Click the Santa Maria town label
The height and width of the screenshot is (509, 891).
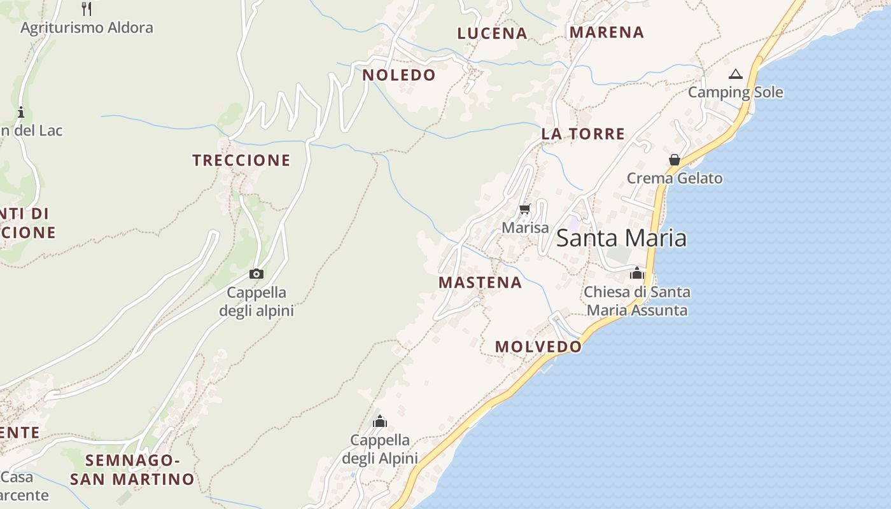click(621, 238)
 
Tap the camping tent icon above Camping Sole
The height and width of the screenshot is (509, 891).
click(736, 74)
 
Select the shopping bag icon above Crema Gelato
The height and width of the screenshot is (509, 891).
click(675, 160)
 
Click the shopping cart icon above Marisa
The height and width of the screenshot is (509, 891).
click(525, 209)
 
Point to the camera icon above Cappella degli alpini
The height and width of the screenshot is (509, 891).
click(256, 274)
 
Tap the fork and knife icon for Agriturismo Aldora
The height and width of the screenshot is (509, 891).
click(87, 9)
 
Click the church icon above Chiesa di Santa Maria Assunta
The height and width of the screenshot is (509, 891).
click(637, 274)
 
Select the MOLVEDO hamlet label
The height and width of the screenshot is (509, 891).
click(538, 347)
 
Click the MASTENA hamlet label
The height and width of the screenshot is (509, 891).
click(480, 282)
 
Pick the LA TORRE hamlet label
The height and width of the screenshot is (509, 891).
click(583, 134)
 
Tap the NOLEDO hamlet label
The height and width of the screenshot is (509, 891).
click(399, 75)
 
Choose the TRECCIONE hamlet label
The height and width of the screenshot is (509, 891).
click(241, 160)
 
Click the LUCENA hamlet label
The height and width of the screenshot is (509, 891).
click(492, 34)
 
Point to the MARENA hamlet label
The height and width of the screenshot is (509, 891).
click(607, 32)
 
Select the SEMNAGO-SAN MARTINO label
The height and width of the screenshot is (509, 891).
click(132, 470)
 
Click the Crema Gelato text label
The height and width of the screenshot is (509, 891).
click(675, 178)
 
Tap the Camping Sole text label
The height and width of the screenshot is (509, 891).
click(735, 92)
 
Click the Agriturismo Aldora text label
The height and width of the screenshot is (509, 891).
click(87, 28)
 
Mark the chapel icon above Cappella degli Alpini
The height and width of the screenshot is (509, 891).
click(380, 421)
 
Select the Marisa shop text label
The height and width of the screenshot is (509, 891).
click(525, 228)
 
